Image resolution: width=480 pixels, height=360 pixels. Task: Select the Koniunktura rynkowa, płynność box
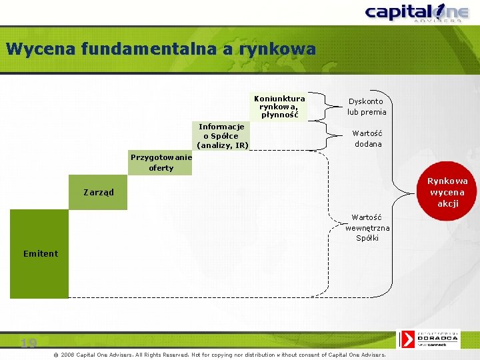point(279,107)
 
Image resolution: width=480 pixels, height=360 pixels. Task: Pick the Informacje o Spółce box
point(222,136)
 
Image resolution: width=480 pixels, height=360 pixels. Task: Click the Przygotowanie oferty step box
point(161,163)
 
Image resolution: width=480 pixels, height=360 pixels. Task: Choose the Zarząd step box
point(99,193)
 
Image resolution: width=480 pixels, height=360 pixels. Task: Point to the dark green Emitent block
point(39,253)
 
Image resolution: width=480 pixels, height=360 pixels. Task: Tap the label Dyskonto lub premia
point(367,107)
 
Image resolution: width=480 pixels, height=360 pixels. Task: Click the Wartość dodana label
point(367,139)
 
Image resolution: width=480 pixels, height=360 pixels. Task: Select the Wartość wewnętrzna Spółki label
point(367,227)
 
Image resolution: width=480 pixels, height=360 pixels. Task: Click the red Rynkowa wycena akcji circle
point(447,192)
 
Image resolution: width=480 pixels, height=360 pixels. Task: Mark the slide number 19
point(28,343)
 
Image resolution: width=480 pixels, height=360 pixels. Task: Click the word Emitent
point(41,253)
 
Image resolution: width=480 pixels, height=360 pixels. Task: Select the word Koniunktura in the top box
point(279,99)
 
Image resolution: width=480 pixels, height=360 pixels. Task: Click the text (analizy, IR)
point(223,145)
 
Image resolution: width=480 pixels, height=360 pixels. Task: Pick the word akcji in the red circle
point(448,203)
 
